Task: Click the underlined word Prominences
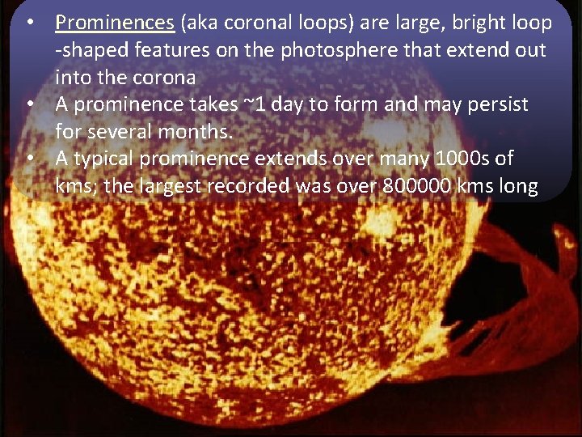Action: click(114, 23)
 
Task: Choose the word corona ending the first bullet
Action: click(167, 78)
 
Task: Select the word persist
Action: click(496, 104)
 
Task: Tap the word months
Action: click(197, 132)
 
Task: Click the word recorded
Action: click(251, 186)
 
